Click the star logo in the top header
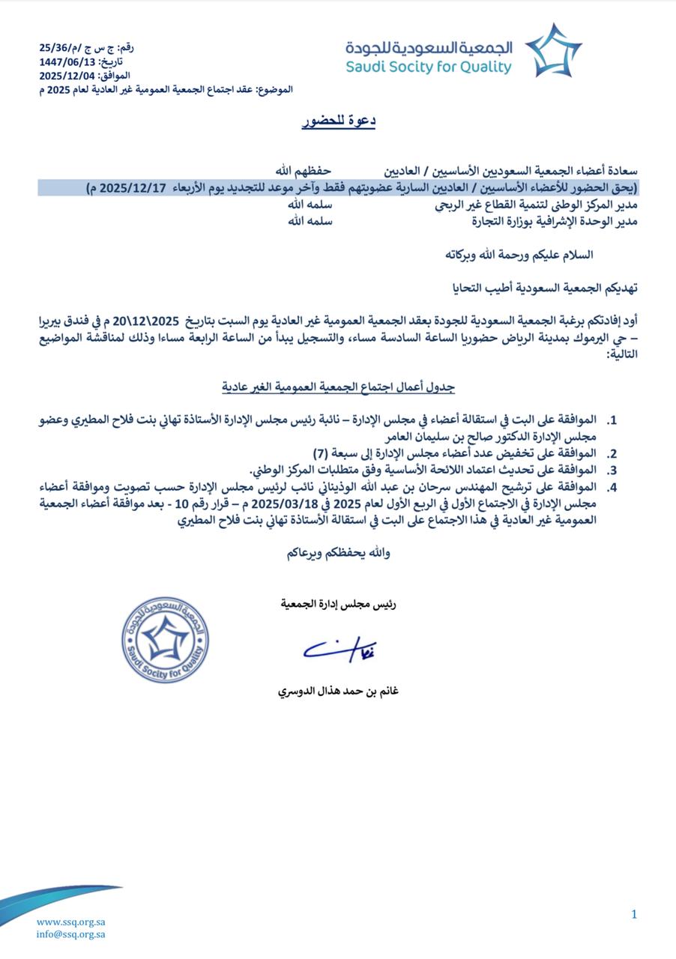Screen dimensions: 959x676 pos(553,50)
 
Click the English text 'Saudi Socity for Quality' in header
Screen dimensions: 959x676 pos(429,67)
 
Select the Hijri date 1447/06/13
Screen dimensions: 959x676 pos(67,61)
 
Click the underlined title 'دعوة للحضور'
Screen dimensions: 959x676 pos(339,121)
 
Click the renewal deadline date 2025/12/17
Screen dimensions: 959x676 pos(127,187)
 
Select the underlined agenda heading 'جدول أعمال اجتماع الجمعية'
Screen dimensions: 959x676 pos(339,387)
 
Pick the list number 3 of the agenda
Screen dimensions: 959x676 pos(612,470)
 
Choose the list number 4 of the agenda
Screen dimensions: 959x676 pos(612,487)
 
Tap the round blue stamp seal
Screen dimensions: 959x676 pos(165,639)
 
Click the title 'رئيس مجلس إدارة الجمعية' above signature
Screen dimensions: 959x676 pos(339,602)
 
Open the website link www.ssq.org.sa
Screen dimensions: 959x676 pos(70,922)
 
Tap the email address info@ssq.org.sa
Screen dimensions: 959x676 pos(70,934)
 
